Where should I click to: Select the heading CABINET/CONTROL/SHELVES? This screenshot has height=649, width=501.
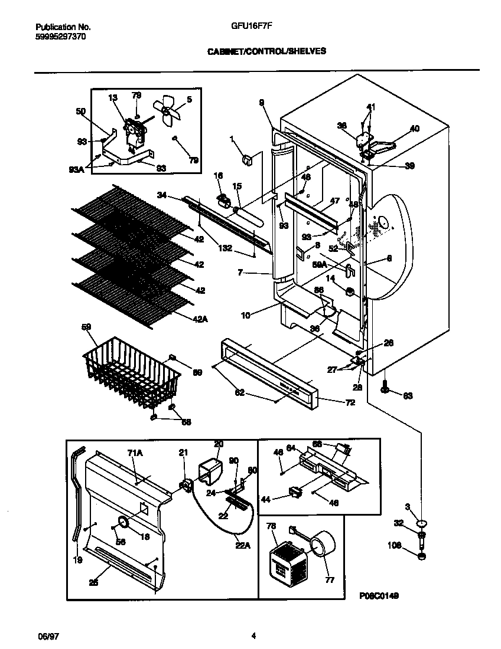tap(266, 51)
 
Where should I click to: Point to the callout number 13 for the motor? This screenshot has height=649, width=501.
tap(113, 97)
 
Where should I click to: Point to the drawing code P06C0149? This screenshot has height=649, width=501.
tap(379, 596)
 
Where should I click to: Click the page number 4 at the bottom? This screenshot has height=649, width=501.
tap(253, 636)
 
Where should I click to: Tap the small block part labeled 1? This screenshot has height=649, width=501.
tap(248, 159)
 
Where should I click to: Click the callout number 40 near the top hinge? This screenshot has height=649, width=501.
tap(415, 128)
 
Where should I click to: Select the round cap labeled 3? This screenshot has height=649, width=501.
tap(422, 523)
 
